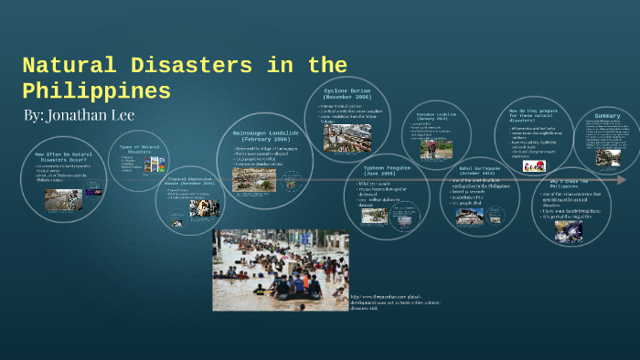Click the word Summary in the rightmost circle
pos(607,116)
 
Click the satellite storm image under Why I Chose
pos(568,230)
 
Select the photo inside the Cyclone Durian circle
pos(347,137)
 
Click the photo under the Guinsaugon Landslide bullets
pos(253,178)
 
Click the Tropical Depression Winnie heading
pos(190,181)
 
